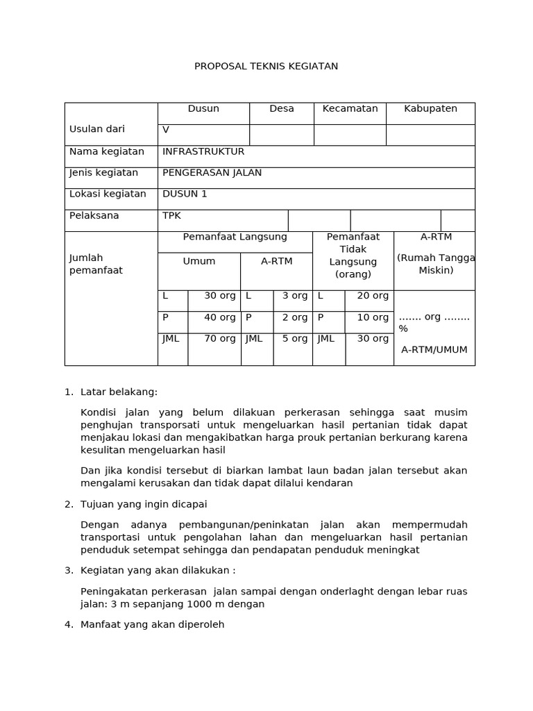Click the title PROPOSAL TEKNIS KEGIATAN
(266, 67)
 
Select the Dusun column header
(203, 109)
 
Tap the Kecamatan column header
(350, 109)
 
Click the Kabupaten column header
(430, 109)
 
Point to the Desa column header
(282, 109)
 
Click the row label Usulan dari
(97, 129)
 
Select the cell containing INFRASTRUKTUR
(203, 151)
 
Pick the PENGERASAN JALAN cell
(212, 173)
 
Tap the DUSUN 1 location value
(185, 194)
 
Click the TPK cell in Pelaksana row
(171, 216)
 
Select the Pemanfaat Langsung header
(235, 237)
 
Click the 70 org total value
(220, 339)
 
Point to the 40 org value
(220, 317)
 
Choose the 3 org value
(295, 296)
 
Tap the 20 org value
(373, 296)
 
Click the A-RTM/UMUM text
(434, 350)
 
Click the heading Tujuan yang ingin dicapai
(144, 504)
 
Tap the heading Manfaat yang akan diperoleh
(152, 625)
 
